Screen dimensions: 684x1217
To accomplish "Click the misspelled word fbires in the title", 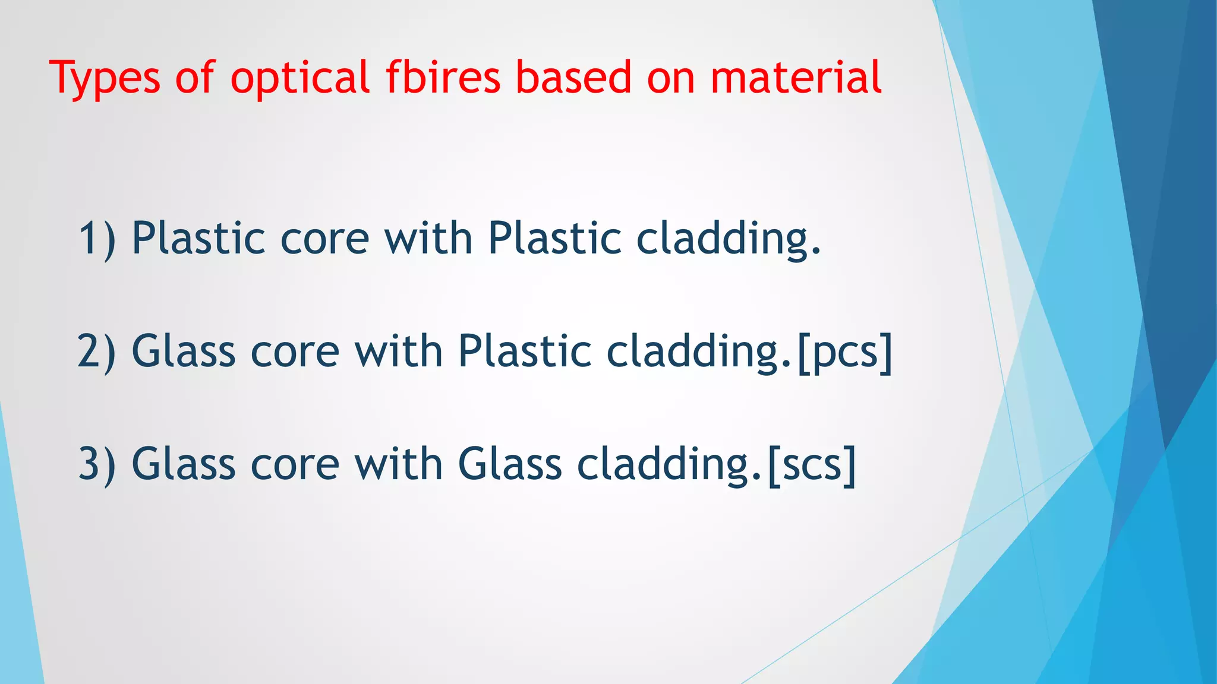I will [x=443, y=78].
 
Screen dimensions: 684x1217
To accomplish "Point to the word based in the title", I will [x=573, y=78].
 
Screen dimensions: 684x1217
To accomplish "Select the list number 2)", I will [x=97, y=351].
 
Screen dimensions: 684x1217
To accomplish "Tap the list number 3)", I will [x=97, y=464].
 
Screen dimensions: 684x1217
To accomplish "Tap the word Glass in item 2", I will [x=183, y=351].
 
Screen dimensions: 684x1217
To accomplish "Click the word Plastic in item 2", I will [x=525, y=351].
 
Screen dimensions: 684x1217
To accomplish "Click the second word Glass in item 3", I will [x=510, y=464].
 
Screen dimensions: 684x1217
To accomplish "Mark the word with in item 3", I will [x=399, y=464].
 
